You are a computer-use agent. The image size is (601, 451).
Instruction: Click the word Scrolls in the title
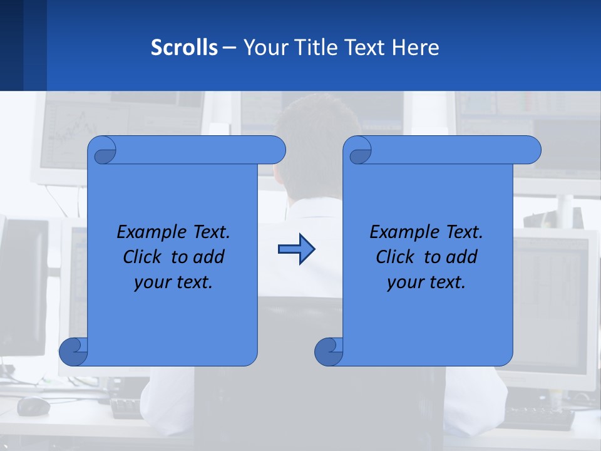pos(185,48)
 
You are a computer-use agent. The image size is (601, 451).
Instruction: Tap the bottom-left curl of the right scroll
pos(329,352)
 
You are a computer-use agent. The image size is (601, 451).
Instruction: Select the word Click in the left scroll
pos(143,257)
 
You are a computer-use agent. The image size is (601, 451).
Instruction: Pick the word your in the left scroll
pos(150,283)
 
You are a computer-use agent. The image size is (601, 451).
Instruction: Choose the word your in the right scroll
pos(403,283)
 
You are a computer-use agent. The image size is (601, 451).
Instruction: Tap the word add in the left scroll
pos(209,257)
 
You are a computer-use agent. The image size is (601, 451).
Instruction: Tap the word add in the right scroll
pos(462,257)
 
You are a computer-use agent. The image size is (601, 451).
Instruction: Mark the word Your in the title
pos(264,48)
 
